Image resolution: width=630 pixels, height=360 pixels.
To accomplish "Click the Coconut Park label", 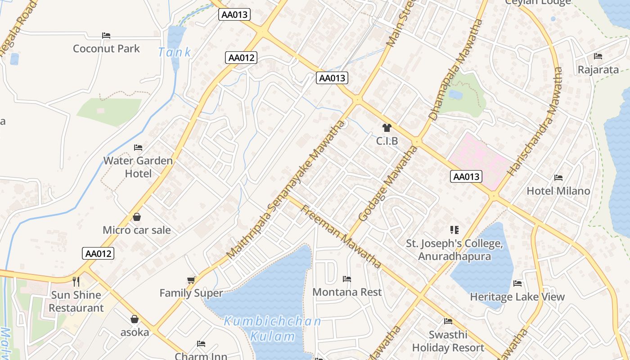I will (x=106, y=49).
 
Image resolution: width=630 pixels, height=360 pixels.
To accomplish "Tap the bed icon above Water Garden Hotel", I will (x=138, y=148).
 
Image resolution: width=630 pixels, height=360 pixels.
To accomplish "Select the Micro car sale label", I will (x=137, y=230).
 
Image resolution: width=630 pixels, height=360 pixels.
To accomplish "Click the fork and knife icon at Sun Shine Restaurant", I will (x=76, y=282).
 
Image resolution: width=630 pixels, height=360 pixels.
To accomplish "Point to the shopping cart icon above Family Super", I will (x=191, y=280).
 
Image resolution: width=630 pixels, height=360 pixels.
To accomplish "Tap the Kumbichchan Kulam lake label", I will (x=273, y=328).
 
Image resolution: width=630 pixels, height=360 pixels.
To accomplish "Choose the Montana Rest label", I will (x=347, y=292).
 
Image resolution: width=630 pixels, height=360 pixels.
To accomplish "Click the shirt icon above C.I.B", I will (x=387, y=128).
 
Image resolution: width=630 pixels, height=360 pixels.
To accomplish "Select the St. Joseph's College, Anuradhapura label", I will (x=454, y=250).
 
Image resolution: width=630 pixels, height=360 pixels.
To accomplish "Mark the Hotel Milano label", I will (x=558, y=191).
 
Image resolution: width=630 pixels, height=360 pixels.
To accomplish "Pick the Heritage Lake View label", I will (x=517, y=297).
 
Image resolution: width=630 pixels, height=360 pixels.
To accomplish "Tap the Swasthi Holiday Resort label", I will (x=448, y=341).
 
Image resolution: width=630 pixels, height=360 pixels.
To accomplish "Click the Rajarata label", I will (x=598, y=70).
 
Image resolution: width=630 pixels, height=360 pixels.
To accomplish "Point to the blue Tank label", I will (x=175, y=52).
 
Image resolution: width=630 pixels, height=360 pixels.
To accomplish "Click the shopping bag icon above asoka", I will (x=135, y=319).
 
